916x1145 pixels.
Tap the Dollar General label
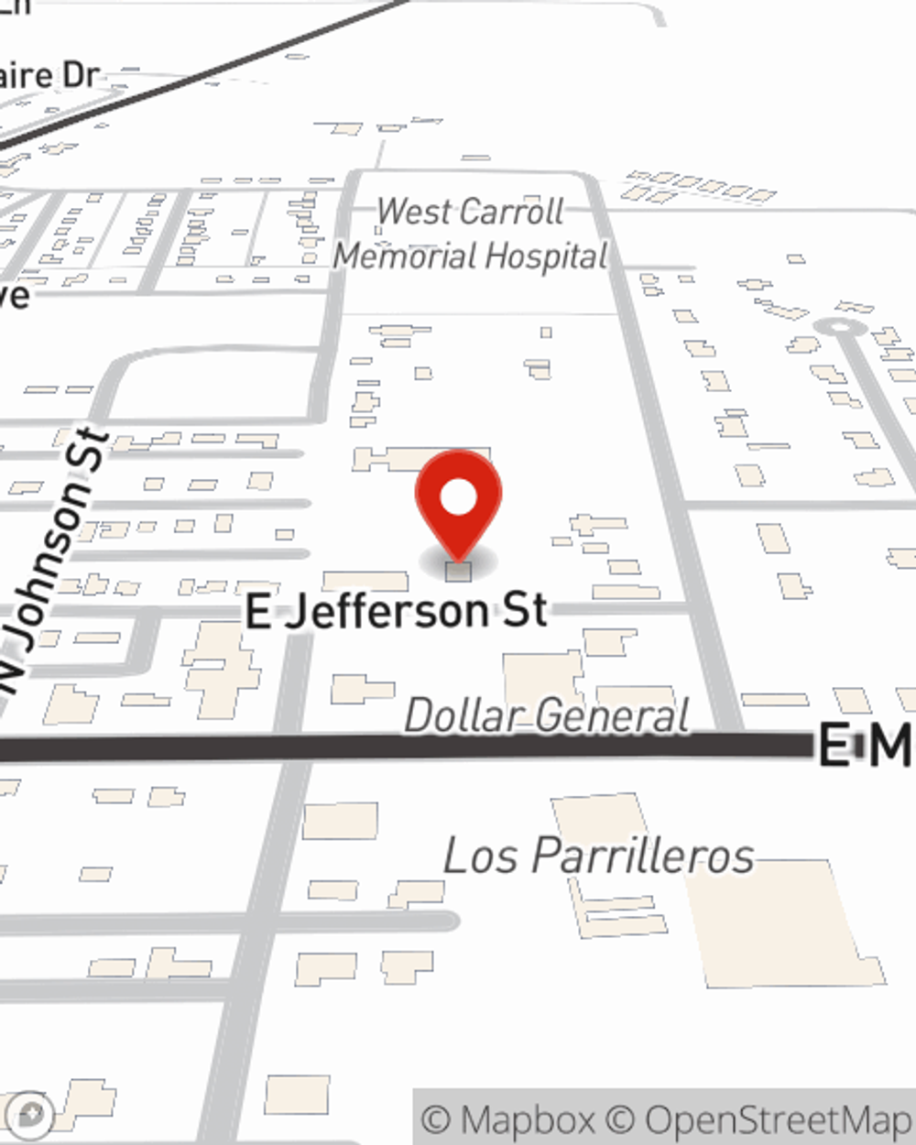coord(547,715)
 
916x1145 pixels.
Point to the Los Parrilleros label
coord(599,856)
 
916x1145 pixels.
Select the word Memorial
coord(403,256)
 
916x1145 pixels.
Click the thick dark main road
coord(366,748)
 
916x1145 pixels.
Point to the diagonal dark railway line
coord(229,64)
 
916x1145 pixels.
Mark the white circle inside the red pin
coord(458,497)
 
